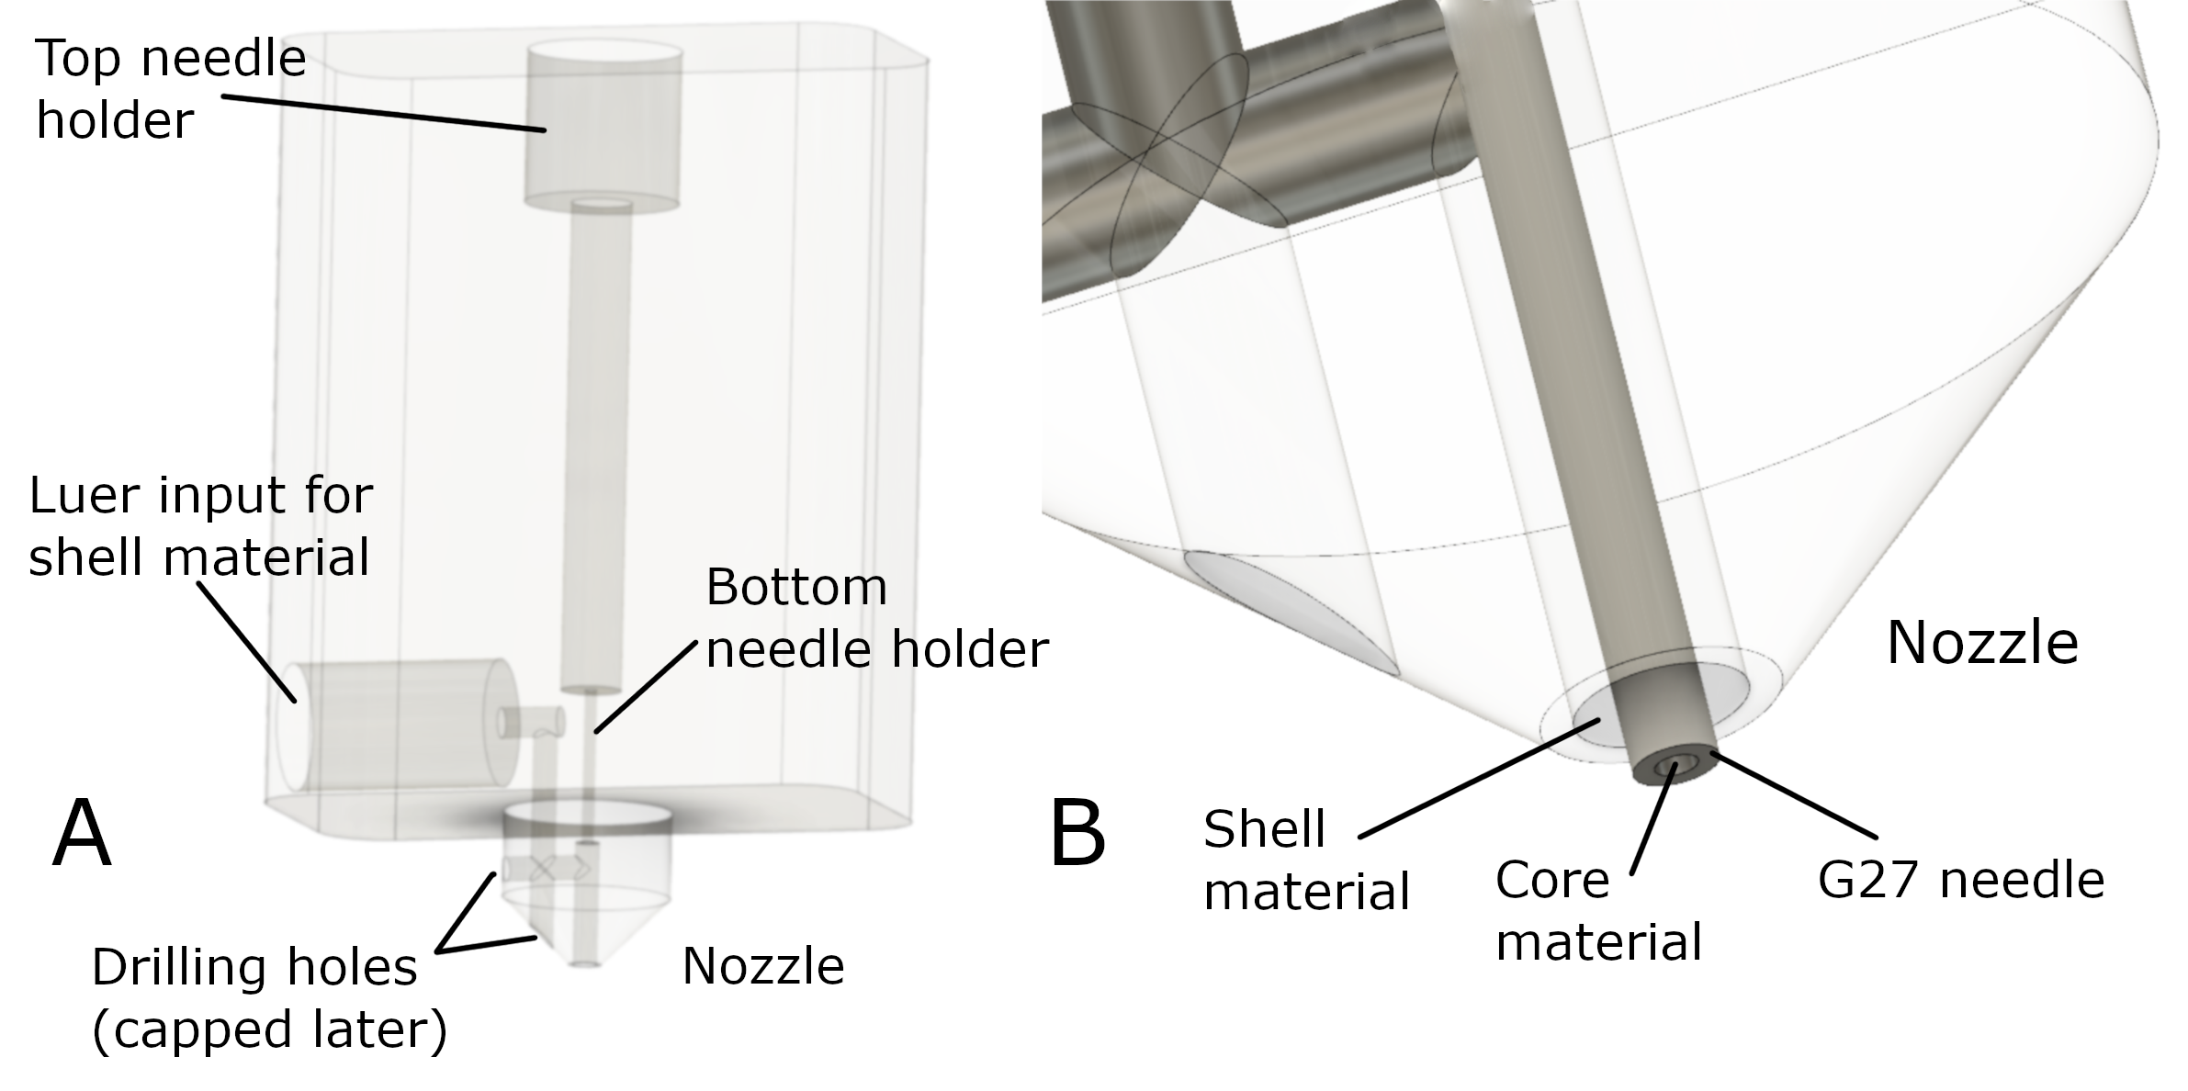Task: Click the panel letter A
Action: click(82, 833)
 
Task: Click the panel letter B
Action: click(1077, 834)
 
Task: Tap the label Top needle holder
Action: click(170, 89)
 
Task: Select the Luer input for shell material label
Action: click(200, 526)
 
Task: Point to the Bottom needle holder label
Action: click(876, 618)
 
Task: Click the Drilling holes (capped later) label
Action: click(269, 997)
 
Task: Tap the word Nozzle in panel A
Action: click(762, 966)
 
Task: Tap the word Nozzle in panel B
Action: click(1981, 642)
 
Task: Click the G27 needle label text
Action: click(1960, 880)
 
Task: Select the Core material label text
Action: click(1598, 911)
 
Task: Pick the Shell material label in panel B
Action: click(1305, 860)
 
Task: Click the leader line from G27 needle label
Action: click(1791, 795)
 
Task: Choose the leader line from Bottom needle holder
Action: click(647, 686)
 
